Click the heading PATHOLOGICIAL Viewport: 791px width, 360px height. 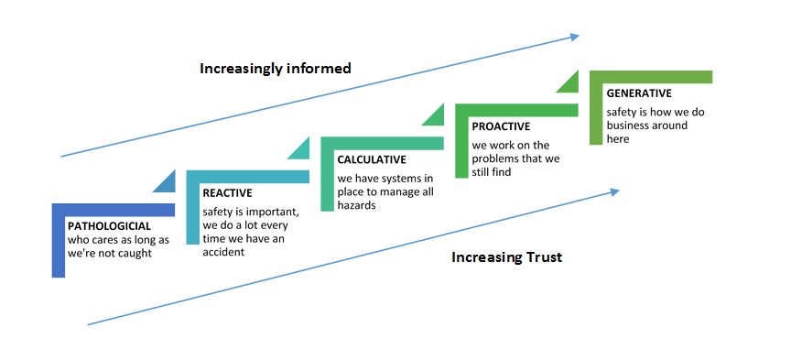click(x=109, y=226)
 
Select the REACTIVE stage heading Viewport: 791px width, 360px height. click(x=227, y=193)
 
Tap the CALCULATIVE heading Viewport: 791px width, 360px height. click(x=372, y=159)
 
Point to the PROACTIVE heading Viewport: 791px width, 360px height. click(x=501, y=126)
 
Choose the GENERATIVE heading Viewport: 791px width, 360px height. click(x=639, y=93)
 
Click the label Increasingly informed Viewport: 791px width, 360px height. click(x=276, y=69)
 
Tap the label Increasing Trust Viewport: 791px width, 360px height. click(x=506, y=257)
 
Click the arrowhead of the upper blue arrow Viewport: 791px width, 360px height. click(x=575, y=37)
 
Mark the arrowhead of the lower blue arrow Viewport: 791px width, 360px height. click(x=615, y=191)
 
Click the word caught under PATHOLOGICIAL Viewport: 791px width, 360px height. click(x=135, y=253)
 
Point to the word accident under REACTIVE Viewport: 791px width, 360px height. click(x=223, y=251)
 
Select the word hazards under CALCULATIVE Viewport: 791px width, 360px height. click(x=357, y=205)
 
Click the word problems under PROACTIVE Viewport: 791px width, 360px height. click(x=493, y=159)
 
